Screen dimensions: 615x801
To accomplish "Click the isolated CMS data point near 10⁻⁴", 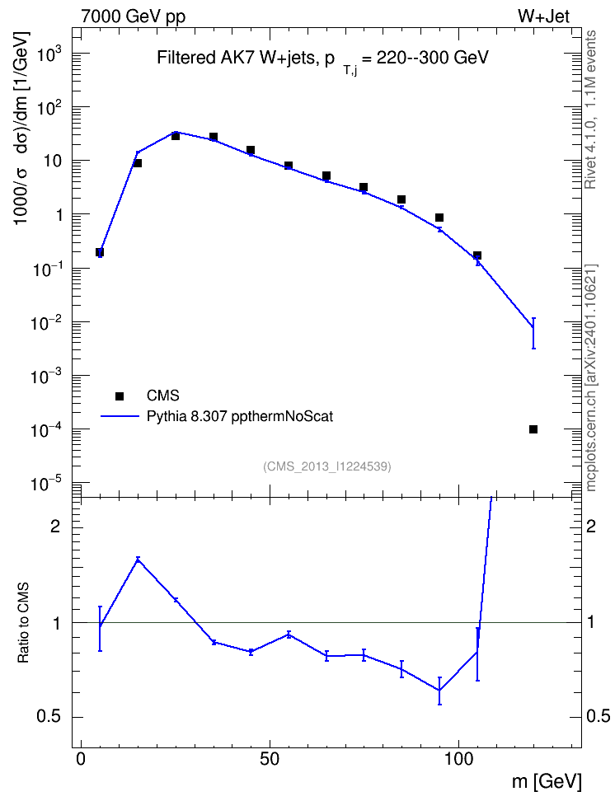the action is coord(533,429).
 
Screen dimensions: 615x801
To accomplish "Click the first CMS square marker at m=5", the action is coord(100,252).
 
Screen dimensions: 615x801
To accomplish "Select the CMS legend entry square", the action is coord(120,396).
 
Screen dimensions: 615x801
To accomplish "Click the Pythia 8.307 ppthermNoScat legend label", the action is coord(240,416).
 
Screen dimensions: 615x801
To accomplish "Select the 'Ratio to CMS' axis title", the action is coord(23,622).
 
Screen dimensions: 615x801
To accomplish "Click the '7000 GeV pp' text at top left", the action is coord(133,16).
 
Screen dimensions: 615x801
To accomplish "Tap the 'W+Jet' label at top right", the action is coord(543,16).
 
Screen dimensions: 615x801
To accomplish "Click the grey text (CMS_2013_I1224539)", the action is coord(327,466).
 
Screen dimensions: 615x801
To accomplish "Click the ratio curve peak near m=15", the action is coord(138,560).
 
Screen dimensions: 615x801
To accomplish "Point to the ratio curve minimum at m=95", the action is coord(439,691).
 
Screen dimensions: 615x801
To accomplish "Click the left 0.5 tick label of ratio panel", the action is coord(49,717).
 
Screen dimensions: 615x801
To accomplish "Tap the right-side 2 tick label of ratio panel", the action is coord(591,526).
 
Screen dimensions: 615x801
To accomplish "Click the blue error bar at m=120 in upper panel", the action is coord(533,333).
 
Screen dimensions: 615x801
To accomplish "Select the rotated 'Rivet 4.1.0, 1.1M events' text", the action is coord(590,110).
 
